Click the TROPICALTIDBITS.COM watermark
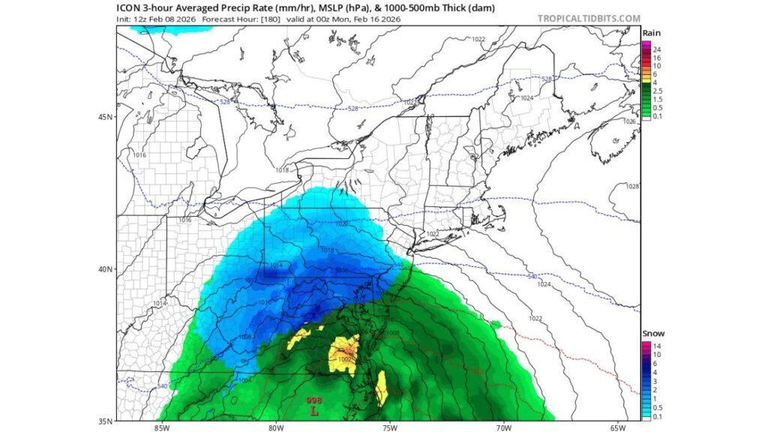coord(589,18)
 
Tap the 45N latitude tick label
coord(106,117)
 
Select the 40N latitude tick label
coord(106,268)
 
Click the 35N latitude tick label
coord(106,420)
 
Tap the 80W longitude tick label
coord(274,428)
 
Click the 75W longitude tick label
coord(388,428)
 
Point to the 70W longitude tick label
coord(503,428)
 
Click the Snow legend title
coord(652,334)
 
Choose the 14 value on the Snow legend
coord(657,345)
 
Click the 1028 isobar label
coord(631,186)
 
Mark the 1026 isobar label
coord(628,121)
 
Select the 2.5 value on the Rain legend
coord(658,91)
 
